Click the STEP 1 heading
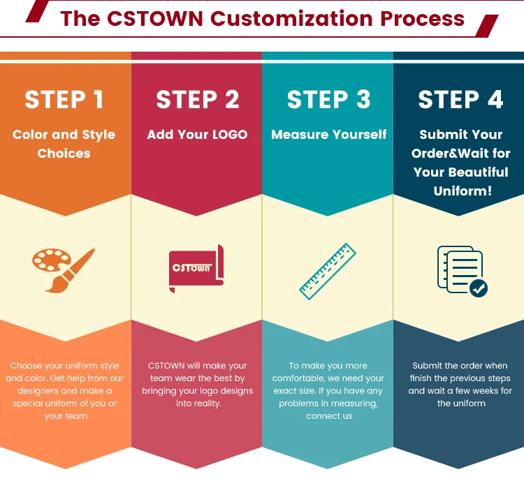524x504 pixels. [x=64, y=100]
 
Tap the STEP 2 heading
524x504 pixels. [x=198, y=100]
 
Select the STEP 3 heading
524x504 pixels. [x=328, y=100]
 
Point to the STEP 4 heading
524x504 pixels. [x=460, y=100]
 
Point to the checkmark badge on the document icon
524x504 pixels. [x=479, y=288]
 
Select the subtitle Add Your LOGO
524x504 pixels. [x=197, y=135]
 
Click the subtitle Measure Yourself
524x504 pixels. [x=328, y=135]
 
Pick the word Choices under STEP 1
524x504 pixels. [x=64, y=154]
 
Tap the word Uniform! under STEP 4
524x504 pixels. [x=462, y=191]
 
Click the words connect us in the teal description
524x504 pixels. [x=329, y=416]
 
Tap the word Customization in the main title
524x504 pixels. [x=293, y=18]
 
